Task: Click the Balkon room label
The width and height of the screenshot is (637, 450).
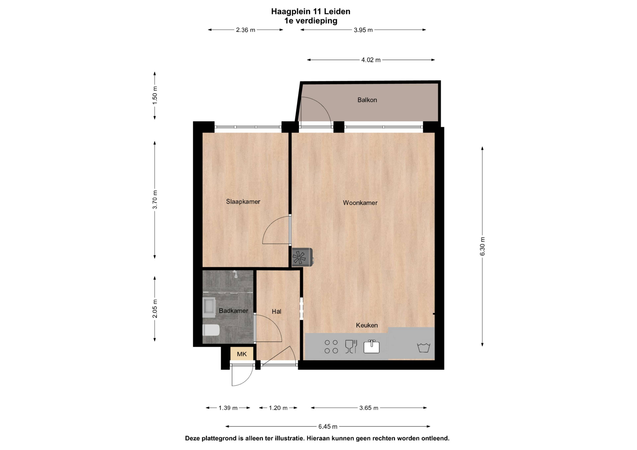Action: tap(367, 100)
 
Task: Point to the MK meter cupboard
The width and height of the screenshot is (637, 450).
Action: tap(242, 354)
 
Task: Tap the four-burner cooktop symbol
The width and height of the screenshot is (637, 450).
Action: tap(331, 347)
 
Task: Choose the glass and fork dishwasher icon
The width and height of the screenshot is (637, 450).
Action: tap(351, 347)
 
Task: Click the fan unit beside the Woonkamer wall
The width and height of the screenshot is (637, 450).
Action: tap(302, 257)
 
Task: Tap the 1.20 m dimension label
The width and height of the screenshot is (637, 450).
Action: tap(278, 408)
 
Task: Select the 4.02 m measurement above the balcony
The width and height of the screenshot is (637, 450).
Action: tap(371, 60)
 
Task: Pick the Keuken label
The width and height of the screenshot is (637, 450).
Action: tap(367, 325)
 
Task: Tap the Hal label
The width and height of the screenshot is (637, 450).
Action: tap(276, 312)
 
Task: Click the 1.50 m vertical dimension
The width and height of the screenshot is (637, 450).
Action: tap(155, 95)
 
